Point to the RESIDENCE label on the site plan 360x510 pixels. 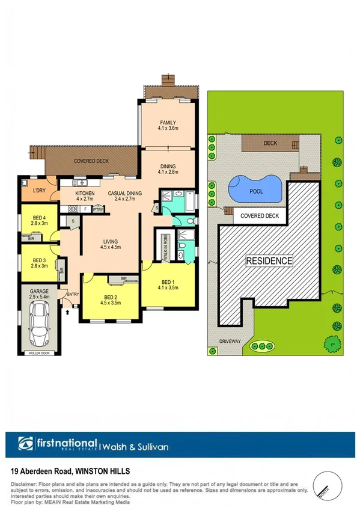(x=269, y=261)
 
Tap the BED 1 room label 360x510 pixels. (x=168, y=281)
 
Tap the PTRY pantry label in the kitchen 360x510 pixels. (x=98, y=209)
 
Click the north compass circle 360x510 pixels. (x=328, y=483)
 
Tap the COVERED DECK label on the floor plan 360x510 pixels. (x=90, y=162)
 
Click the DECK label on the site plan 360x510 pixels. (x=270, y=143)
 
